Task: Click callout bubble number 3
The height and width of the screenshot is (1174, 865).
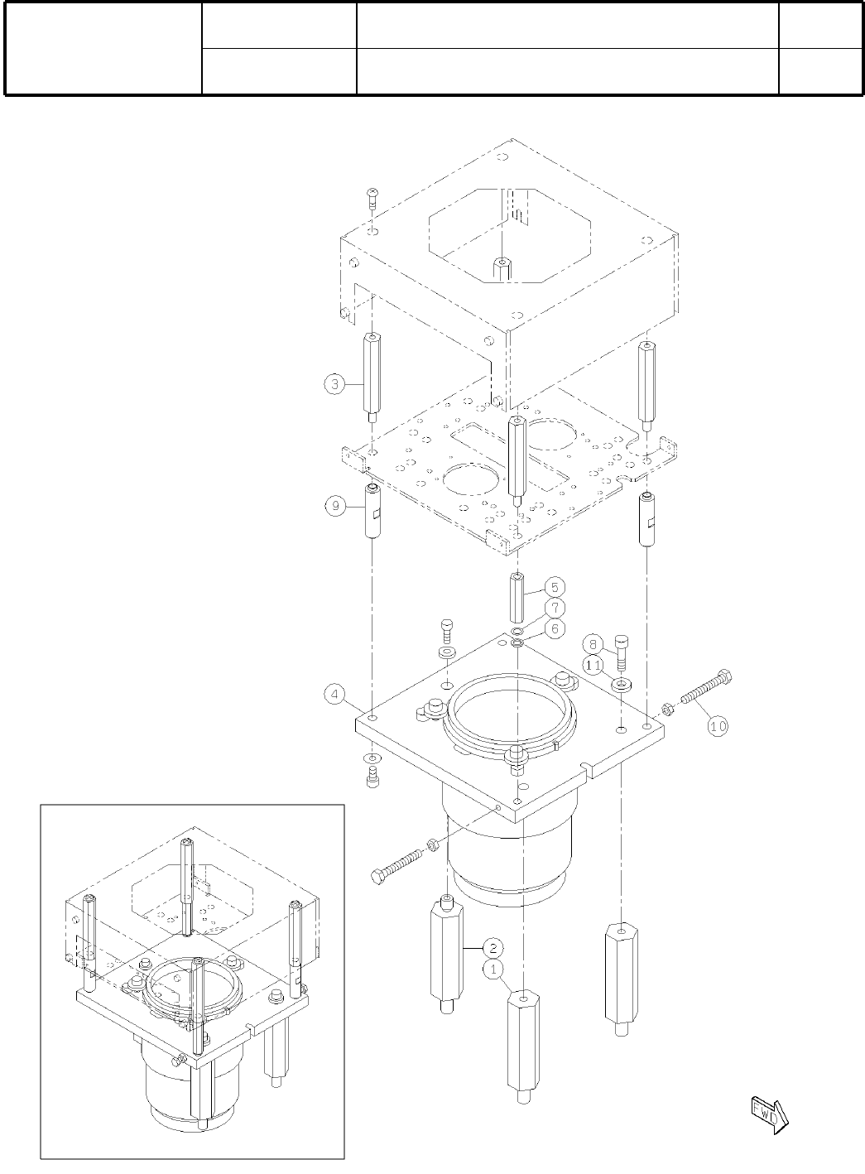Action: click(334, 383)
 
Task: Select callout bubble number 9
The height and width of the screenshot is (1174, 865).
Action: click(335, 506)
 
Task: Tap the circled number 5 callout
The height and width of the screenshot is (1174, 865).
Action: click(555, 587)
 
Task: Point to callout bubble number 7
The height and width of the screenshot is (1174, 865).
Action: click(555, 608)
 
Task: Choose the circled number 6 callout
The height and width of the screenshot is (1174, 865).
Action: click(555, 628)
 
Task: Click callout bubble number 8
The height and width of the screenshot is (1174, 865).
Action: click(593, 644)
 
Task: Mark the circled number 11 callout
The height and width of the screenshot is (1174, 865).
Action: click(593, 666)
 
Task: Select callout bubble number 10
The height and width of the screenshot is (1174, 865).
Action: click(718, 726)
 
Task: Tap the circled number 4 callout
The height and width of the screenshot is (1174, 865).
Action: click(334, 695)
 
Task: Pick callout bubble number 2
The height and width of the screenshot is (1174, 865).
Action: click(493, 948)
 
